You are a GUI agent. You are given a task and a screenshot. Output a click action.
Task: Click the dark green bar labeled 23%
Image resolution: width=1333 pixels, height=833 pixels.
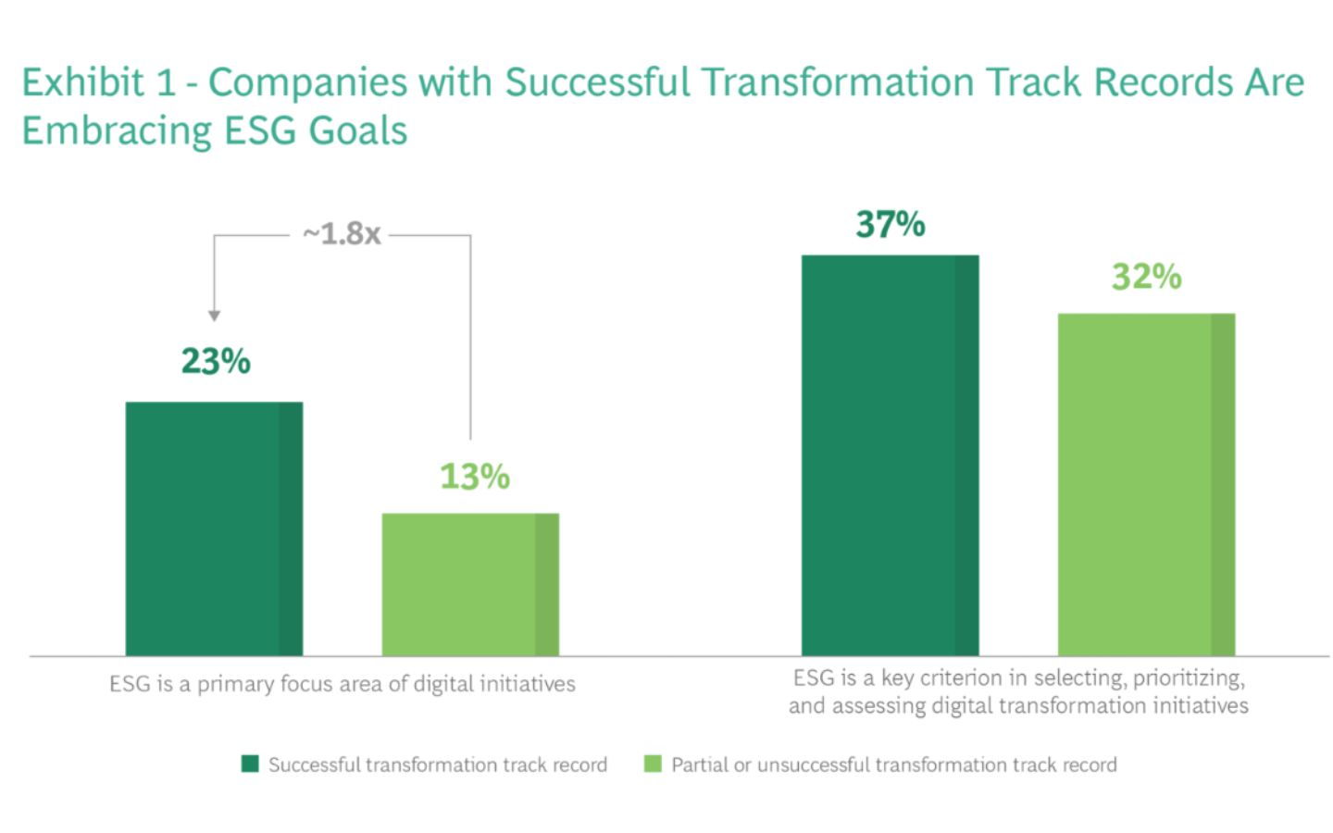[214, 529]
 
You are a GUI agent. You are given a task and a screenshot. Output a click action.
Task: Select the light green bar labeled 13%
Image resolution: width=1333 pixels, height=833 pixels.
[470, 584]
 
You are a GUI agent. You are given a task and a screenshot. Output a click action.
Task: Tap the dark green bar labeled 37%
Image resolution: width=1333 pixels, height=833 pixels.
[890, 455]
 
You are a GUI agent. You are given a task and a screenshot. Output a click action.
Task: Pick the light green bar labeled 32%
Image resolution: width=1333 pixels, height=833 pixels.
[1146, 484]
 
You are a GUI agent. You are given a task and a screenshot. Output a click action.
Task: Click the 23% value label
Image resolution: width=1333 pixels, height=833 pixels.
[216, 361]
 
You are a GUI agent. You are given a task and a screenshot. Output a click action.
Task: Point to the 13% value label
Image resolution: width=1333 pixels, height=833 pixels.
[475, 476]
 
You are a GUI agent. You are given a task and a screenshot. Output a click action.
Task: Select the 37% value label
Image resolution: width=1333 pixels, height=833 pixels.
[891, 224]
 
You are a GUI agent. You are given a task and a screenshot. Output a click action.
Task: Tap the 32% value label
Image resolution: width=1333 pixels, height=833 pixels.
[1147, 277]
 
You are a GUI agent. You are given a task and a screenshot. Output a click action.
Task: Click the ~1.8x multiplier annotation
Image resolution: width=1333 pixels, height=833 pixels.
[342, 234]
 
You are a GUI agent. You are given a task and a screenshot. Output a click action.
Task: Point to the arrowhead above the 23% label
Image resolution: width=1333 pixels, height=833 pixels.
[214, 316]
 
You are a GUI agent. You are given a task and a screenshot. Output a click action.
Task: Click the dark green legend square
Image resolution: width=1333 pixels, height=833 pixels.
[250, 764]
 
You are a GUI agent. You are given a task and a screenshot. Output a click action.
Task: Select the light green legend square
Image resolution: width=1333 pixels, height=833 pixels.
[653, 764]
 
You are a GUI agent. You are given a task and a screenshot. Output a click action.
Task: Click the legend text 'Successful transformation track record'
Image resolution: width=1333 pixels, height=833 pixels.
[438, 765]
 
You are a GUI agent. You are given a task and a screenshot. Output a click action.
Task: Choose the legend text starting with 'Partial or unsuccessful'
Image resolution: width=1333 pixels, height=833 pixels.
[894, 765]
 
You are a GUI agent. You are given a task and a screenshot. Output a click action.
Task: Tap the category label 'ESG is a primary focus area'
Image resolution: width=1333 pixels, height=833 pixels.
[343, 684]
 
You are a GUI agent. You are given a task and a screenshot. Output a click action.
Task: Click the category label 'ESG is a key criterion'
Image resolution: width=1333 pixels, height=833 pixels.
[1019, 692]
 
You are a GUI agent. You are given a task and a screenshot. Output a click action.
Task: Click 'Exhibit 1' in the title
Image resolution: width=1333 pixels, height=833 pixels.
[99, 82]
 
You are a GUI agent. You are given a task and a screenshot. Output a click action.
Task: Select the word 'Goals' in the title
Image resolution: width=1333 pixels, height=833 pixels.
[358, 131]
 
